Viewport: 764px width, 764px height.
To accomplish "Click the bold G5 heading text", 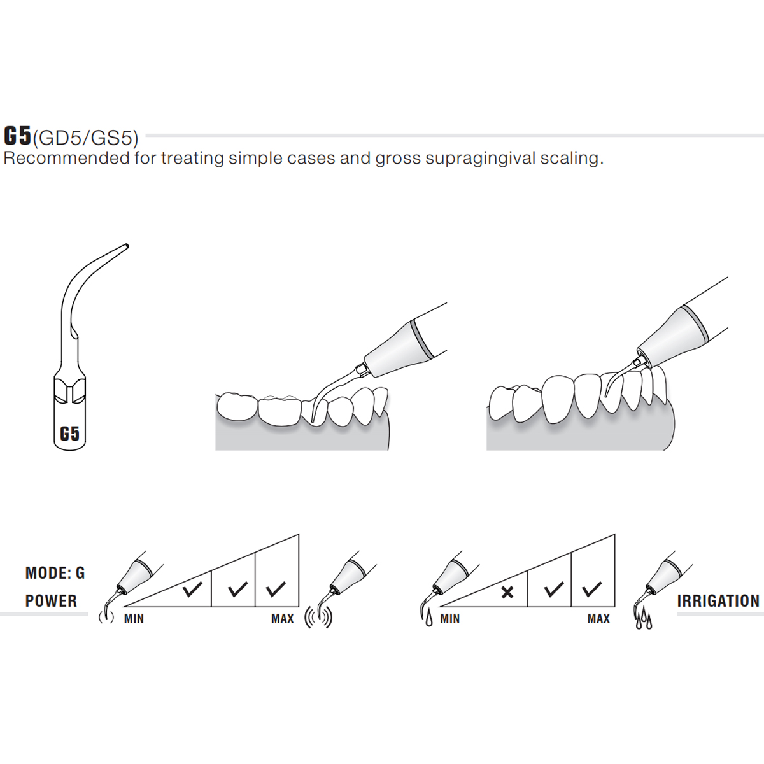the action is [17, 136].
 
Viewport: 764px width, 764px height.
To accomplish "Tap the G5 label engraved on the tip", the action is [69, 434].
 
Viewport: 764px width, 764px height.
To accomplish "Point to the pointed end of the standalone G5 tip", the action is [127, 246].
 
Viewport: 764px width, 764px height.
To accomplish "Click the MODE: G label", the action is [55, 573].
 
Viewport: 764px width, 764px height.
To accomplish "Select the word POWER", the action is [51, 601].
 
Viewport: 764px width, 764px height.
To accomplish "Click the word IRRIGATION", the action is [718, 601].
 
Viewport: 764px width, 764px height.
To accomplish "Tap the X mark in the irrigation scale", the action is [507, 593].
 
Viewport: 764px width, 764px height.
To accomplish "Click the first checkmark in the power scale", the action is [193, 589].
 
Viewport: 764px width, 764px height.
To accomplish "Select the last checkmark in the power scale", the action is [276, 589].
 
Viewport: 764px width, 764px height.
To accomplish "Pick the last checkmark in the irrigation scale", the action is [592, 589].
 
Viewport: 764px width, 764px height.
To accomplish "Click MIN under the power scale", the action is [134, 619].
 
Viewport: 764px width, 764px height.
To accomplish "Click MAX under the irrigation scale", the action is [598, 619].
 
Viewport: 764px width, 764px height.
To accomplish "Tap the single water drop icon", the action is [428, 619].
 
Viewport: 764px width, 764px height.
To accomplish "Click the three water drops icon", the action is [644, 619].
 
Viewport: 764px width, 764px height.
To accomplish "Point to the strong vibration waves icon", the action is [318, 618].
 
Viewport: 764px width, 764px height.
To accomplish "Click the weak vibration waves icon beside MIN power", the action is [106, 618].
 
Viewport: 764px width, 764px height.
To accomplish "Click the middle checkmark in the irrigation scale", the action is [555, 589].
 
